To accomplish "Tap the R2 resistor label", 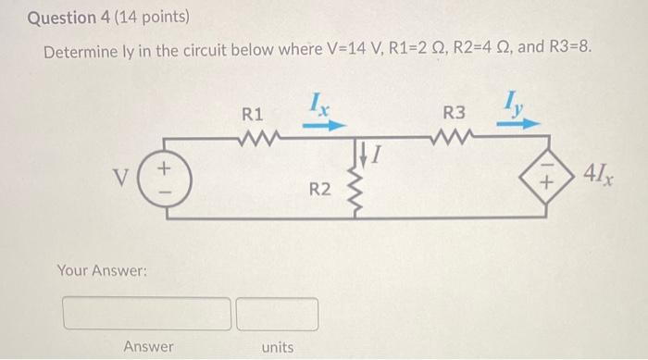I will coord(319,189).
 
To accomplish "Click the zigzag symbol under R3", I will coord(455,141).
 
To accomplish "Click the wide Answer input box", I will coord(147,314).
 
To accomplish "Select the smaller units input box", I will coord(277,314).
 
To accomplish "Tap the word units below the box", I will coord(277,347).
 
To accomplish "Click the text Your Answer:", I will coord(102,270).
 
